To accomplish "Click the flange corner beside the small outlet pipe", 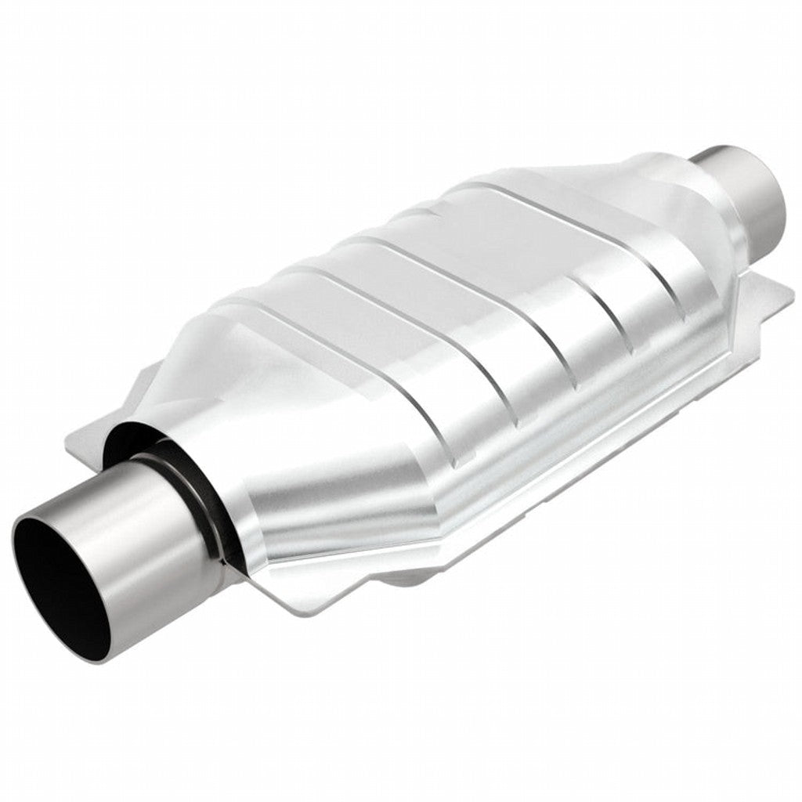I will coord(771,302).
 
